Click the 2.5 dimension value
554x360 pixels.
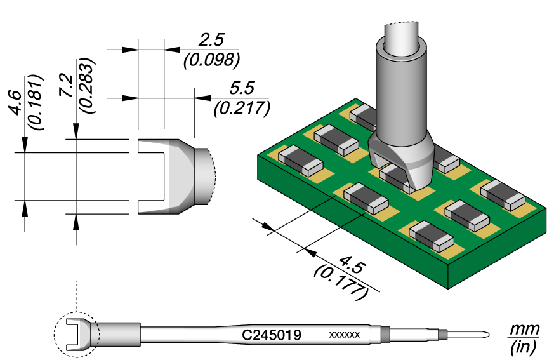(x=212, y=40)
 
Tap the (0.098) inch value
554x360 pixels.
(x=211, y=60)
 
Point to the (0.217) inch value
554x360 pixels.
(x=242, y=109)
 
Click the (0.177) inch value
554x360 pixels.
(x=341, y=282)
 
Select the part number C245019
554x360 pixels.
(x=272, y=335)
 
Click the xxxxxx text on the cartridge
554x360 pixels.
(x=345, y=335)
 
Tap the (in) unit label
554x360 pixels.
(x=523, y=347)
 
